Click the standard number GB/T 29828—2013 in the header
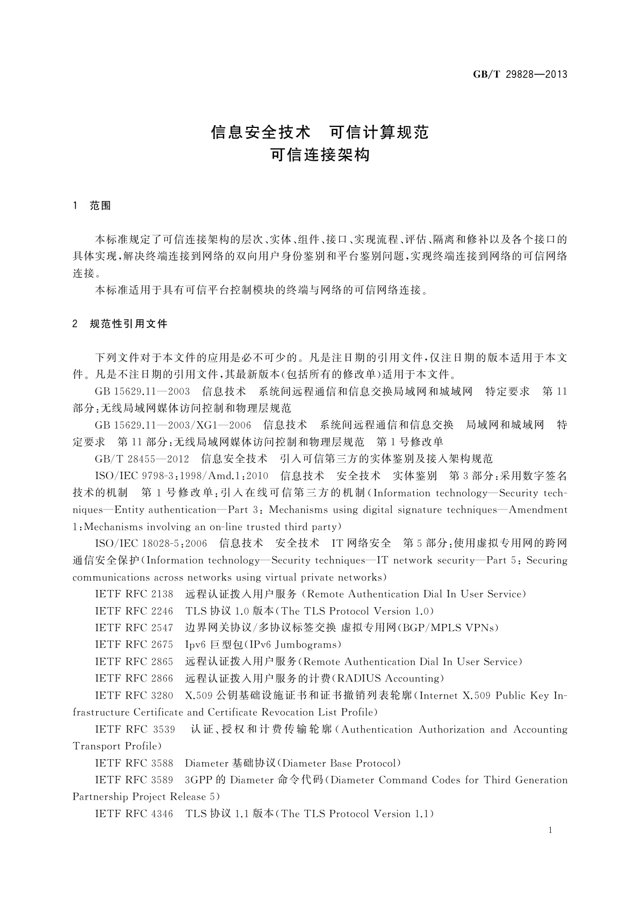520,74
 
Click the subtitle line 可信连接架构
320,155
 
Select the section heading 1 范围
92,206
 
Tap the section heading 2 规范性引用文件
120,324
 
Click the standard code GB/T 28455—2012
142,459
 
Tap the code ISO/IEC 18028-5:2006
151,543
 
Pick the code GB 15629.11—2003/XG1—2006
172,425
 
